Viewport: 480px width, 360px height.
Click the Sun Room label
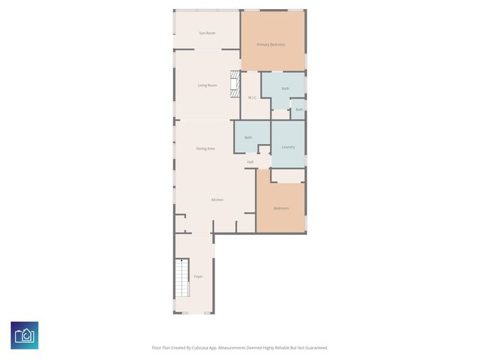pos(207,33)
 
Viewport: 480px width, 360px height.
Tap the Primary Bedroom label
pos(271,44)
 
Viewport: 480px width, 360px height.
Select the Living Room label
pos(207,85)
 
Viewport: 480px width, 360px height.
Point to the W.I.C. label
pos(253,97)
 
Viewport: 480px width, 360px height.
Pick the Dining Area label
pos(205,148)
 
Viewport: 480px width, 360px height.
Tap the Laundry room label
pos(288,147)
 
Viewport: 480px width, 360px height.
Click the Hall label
pos(250,162)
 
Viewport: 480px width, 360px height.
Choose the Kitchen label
pos(217,199)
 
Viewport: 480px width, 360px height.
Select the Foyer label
pos(198,277)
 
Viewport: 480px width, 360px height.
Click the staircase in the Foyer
pos(182,278)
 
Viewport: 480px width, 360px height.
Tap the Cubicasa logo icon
pos(25,335)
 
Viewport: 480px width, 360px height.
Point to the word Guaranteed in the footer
pos(312,348)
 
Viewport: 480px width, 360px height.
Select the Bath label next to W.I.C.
pos(285,88)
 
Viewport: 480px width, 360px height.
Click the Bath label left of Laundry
pos(247,137)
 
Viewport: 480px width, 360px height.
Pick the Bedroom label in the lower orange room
pos(280,208)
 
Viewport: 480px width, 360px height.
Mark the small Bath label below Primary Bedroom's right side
pos(298,109)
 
